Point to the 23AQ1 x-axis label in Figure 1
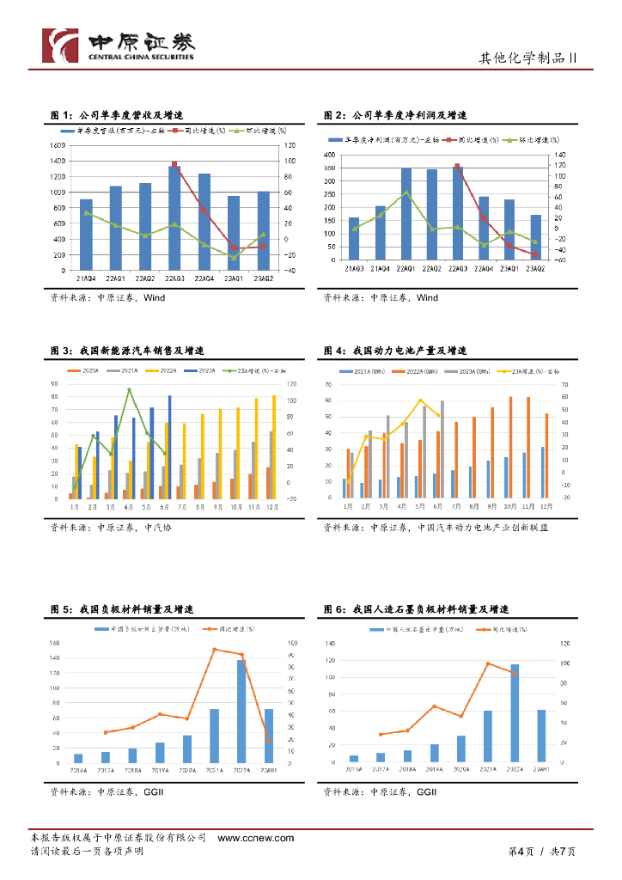pyautogui.click(x=234, y=278)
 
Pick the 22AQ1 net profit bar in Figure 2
pyautogui.click(x=406, y=214)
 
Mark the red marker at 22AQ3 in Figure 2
pyautogui.click(x=458, y=166)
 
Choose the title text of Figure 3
pyautogui.click(x=127, y=351)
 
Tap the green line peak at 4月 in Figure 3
pyautogui.click(x=129, y=390)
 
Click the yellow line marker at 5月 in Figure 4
pyautogui.click(x=420, y=400)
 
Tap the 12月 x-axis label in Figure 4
pyautogui.click(x=546, y=507)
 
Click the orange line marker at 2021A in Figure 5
pyautogui.click(x=215, y=650)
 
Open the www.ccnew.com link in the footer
pyautogui.click(x=256, y=838)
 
